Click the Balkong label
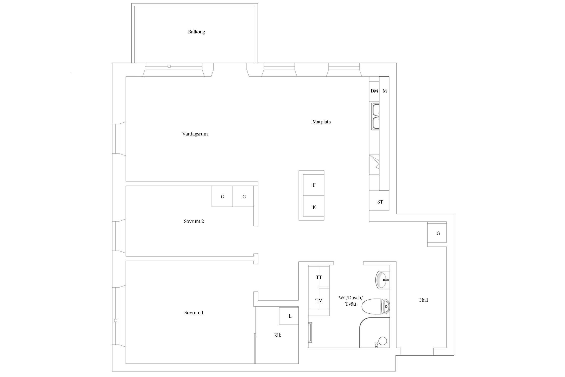point(196,32)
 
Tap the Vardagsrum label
point(195,134)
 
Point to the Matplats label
point(321,122)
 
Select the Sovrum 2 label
point(194,221)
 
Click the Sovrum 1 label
point(194,313)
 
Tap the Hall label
point(423,300)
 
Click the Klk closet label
point(277,335)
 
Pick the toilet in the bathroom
point(376,306)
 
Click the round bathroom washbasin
point(382,280)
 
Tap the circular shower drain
point(383,341)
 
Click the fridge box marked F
point(314,185)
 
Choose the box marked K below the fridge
point(314,206)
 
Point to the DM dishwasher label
point(374,91)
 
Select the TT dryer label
point(319,277)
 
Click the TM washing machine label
point(319,300)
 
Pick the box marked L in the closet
point(289,316)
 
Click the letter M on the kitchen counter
point(385,91)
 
